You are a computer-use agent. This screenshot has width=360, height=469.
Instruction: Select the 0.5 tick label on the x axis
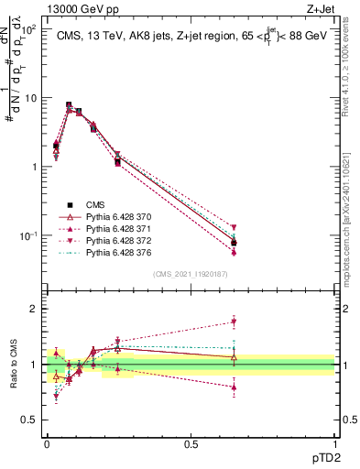click(x=191, y=443)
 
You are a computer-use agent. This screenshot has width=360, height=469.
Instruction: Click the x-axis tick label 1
click(x=334, y=443)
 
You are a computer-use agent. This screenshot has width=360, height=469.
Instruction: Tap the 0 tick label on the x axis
click(x=47, y=443)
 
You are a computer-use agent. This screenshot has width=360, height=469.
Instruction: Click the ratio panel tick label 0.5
click(x=27, y=420)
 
